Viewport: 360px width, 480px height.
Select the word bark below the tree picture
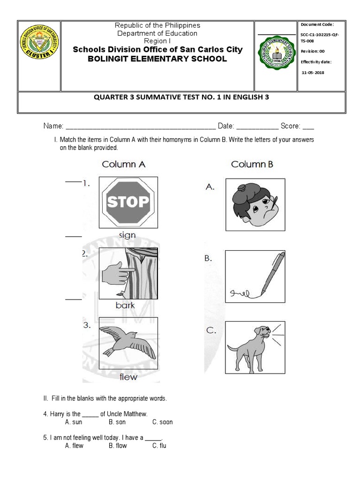(125, 305)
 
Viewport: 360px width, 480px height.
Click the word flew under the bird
(128, 376)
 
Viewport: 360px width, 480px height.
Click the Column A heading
(124, 165)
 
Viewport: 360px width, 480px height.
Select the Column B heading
(252, 165)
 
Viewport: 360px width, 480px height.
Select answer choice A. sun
(74, 422)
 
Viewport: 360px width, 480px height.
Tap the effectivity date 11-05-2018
(313, 73)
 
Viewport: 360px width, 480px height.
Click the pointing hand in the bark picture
(117, 273)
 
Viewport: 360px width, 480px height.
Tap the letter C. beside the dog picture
(211, 330)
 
